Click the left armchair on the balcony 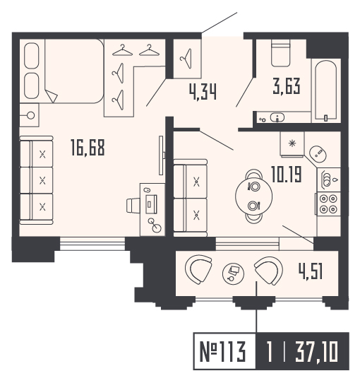point(199,269)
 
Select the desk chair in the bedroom point(133,205)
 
